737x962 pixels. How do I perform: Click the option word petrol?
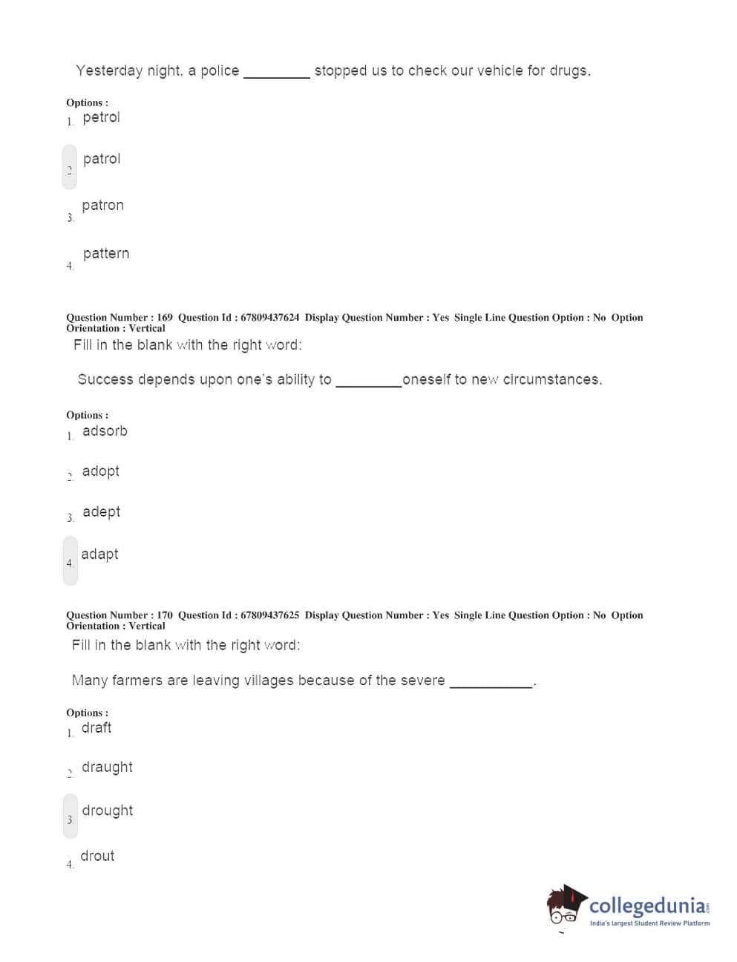[x=101, y=117]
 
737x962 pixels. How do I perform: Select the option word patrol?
[x=102, y=159]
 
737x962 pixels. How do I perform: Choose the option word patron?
[x=102, y=206]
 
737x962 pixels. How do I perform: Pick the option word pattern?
[x=106, y=254]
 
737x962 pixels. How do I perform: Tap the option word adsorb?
[x=105, y=431]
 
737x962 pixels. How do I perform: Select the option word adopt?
[x=101, y=471]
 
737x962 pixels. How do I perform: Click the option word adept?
[x=101, y=512]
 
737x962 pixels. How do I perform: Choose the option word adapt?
[x=99, y=554]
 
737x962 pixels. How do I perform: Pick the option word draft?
[x=96, y=728]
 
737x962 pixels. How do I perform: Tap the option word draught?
[x=107, y=768]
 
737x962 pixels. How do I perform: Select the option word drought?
[x=108, y=811]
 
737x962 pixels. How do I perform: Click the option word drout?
[x=97, y=856]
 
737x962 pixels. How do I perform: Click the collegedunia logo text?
[x=648, y=906]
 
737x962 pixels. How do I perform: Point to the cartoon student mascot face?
[x=565, y=906]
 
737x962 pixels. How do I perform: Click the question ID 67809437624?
[x=269, y=318]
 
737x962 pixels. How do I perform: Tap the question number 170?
[x=164, y=615]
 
